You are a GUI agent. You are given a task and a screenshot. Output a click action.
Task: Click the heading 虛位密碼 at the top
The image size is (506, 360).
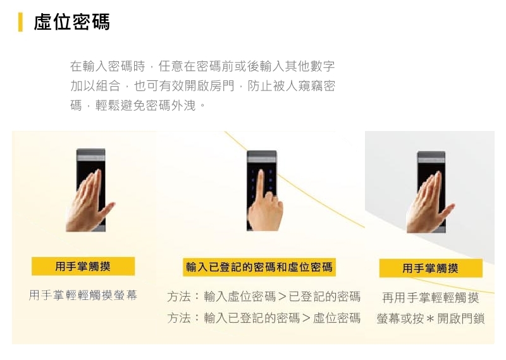tap(71, 22)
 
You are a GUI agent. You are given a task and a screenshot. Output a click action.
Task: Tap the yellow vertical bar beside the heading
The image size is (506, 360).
tap(21, 22)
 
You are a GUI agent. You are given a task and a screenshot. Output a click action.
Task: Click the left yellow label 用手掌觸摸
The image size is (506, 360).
tap(83, 266)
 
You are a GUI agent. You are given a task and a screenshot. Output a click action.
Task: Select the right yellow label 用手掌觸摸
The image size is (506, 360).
tap(430, 268)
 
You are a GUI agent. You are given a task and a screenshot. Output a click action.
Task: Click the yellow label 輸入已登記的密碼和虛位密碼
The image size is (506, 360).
tap(259, 267)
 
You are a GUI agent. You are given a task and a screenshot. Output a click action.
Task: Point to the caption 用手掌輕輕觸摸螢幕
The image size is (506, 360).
tap(83, 295)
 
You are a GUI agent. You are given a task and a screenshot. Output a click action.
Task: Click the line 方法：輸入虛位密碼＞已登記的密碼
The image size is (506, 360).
tap(264, 297)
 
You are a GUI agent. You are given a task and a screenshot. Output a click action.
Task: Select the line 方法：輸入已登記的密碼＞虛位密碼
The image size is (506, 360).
tap(264, 318)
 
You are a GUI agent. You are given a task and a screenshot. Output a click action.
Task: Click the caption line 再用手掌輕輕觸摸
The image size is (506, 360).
tap(430, 297)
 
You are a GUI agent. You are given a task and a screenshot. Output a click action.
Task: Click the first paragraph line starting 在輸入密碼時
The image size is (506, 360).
tap(202, 66)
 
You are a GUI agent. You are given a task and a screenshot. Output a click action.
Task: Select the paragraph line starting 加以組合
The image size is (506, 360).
tap(202, 85)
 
